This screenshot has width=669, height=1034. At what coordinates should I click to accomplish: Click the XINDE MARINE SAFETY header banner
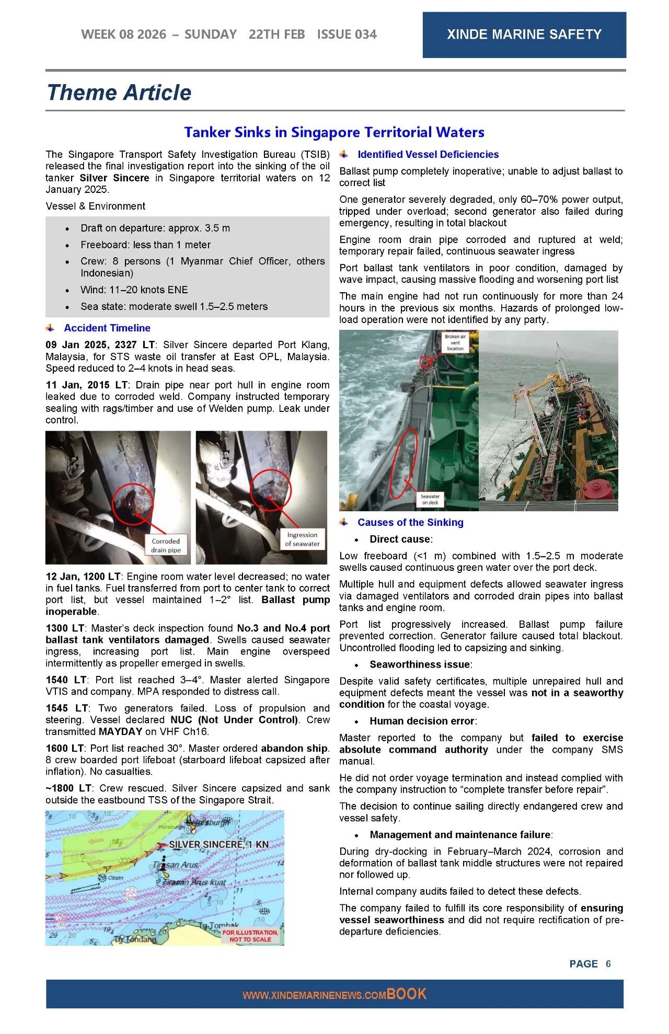click(x=524, y=35)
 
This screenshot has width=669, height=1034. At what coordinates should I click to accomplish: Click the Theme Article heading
click(x=119, y=93)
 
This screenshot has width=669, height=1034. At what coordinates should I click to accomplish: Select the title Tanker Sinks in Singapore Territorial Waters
click(x=334, y=132)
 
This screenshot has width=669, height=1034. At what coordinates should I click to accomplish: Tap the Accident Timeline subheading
click(x=107, y=328)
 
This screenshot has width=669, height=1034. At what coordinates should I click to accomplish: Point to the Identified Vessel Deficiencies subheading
click(x=428, y=155)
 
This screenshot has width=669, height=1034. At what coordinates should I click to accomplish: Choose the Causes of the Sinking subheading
click(x=410, y=522)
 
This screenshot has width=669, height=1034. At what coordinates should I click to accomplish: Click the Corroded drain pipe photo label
click(x=166, y=545)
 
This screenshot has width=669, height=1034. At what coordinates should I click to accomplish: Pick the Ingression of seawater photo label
click(x=302, y=539)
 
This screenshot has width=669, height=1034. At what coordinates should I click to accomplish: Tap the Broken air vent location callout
click(x=455, y=342)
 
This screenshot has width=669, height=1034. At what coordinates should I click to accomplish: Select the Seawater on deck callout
click(x=430, y=499)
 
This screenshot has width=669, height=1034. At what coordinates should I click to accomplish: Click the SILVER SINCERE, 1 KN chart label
click(x=218, y=844)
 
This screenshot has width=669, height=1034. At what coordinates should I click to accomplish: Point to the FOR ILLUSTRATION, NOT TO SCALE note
click(x=251, y=936)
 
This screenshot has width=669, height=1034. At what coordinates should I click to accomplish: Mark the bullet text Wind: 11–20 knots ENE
click(x=134, y=290)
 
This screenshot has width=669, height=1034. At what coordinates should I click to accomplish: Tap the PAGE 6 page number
click(x=590, y=964)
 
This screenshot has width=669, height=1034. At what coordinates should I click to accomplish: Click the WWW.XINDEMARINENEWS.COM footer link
click(x=314, y=995)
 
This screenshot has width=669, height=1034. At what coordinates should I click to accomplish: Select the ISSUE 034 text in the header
click(x=347, y=35)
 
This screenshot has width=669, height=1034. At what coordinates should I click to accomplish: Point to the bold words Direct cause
click(x=400, y=539)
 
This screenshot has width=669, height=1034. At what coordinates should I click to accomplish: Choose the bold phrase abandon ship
click(x=295, y=748)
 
